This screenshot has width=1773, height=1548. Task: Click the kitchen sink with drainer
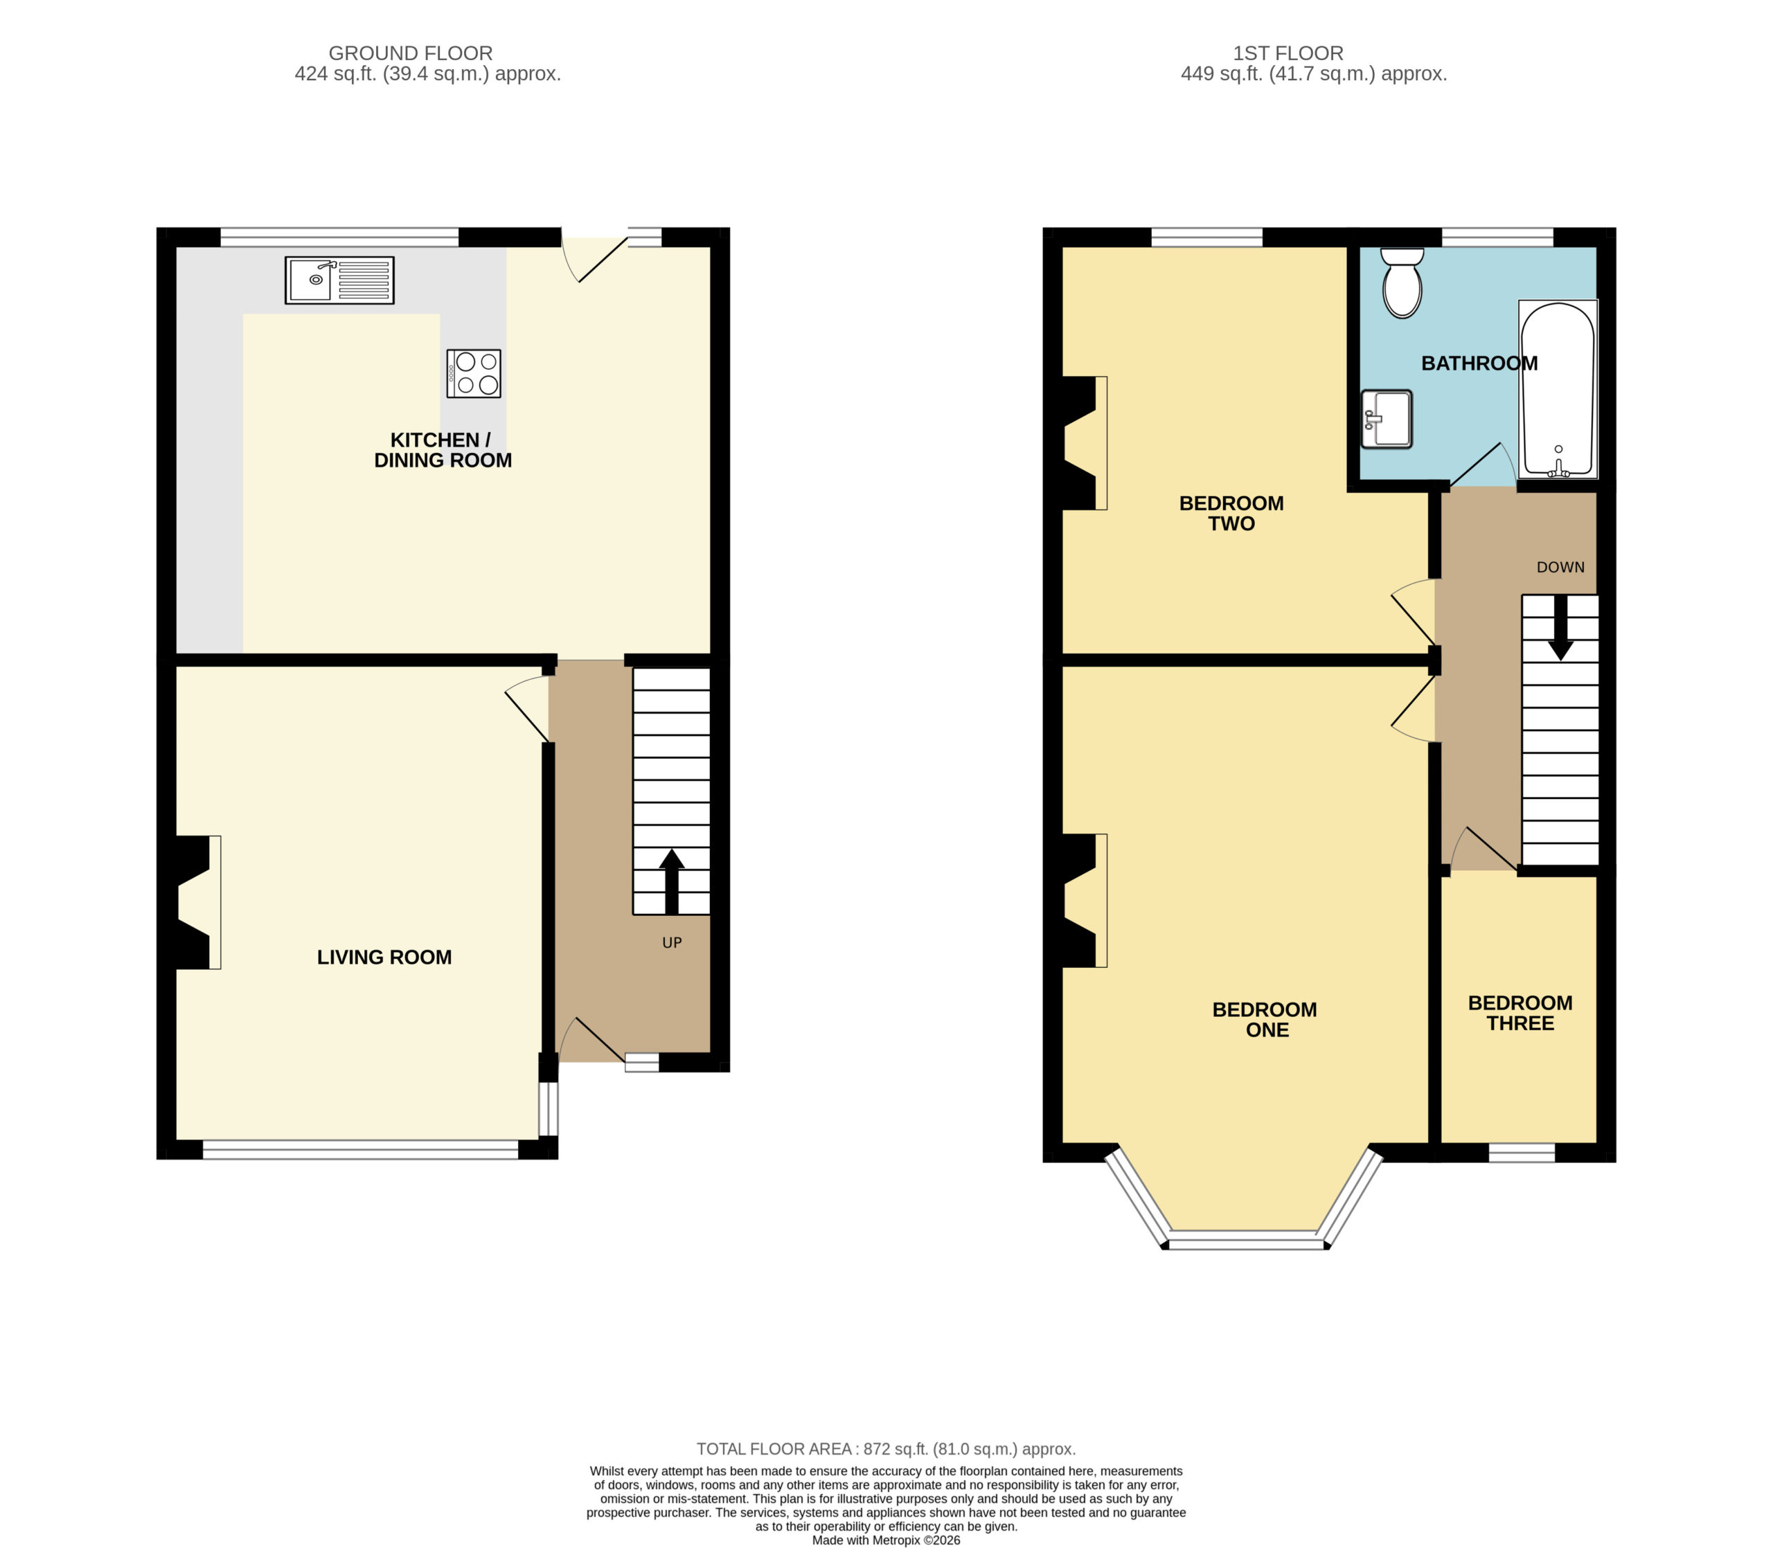[x=339, y=280]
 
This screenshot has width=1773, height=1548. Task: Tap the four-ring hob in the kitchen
[x=474, y=373]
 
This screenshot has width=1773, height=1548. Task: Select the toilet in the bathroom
[x=1402, y=282]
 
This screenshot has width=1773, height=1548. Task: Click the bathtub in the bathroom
[x=1558, y=388]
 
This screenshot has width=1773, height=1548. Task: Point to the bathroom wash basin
[x=1386, y=419]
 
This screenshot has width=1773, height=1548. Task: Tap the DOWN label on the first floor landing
[x=1560, y=568]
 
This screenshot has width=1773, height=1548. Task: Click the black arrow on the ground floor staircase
[x=671, y=881]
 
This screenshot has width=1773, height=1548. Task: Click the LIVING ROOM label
[x=384, y=957]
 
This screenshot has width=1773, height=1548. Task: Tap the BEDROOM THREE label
[x=1521, y=1014]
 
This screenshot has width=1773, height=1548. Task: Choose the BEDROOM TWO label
[x=1231, y=513]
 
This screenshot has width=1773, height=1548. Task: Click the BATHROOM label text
[x=1479, y=363]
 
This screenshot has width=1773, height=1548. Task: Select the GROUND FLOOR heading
[x=411, y=53]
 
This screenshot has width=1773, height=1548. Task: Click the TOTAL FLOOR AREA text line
[x=886, y=1449]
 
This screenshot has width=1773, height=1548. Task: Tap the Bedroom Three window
[x=1522, y=1153]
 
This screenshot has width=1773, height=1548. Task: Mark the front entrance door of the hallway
[x=593, y=1040]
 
